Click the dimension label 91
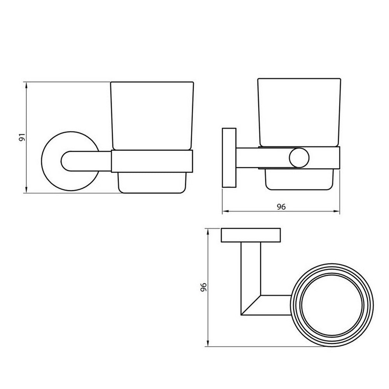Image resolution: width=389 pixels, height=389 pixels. point(22,137)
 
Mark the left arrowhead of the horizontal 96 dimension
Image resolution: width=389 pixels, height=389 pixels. point(224,212)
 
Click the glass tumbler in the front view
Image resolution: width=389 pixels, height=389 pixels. point(152,115)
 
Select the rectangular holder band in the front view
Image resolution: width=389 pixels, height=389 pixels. point(152,161)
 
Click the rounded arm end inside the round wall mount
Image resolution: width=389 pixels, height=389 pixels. point(68,161)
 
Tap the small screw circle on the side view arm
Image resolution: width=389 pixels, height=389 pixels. point(299,158)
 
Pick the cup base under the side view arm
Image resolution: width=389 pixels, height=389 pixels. point(299,179)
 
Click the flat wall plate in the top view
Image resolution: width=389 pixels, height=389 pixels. point(251,235)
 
